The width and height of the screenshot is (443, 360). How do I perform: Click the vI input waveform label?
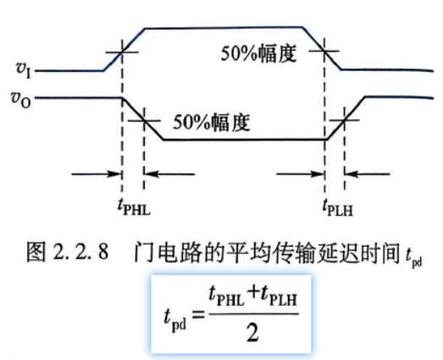click(x=24, y=69)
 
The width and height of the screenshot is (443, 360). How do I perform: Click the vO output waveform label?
click(x=20, y=100)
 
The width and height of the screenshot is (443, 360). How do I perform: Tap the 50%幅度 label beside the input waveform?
click(x=258, y=53)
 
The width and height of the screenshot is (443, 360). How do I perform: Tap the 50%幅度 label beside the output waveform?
click(x=212, y=122)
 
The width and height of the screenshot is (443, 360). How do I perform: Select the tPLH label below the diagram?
click(x=338, y=208)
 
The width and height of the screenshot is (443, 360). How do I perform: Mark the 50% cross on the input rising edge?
click(x=122, y=53)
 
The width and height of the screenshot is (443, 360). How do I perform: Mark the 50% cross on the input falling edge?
click(x=324, y=51)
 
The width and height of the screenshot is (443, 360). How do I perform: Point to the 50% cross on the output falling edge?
click(x=144, y=121)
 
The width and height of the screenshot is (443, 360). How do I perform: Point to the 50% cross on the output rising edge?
click(x=345, y=120)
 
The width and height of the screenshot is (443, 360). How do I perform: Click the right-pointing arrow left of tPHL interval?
click(x=97, y=174)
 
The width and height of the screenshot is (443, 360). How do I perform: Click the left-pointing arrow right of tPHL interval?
click(x=169, y=174)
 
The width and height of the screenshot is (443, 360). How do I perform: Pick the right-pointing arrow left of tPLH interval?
click(x=300, y=174)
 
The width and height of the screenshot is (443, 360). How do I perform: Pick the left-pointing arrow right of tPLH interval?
click(x=368, y=174)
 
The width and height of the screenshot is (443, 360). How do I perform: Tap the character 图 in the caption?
click(x=36, y=252)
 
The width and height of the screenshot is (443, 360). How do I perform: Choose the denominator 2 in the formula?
click(x=252, y=333)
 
